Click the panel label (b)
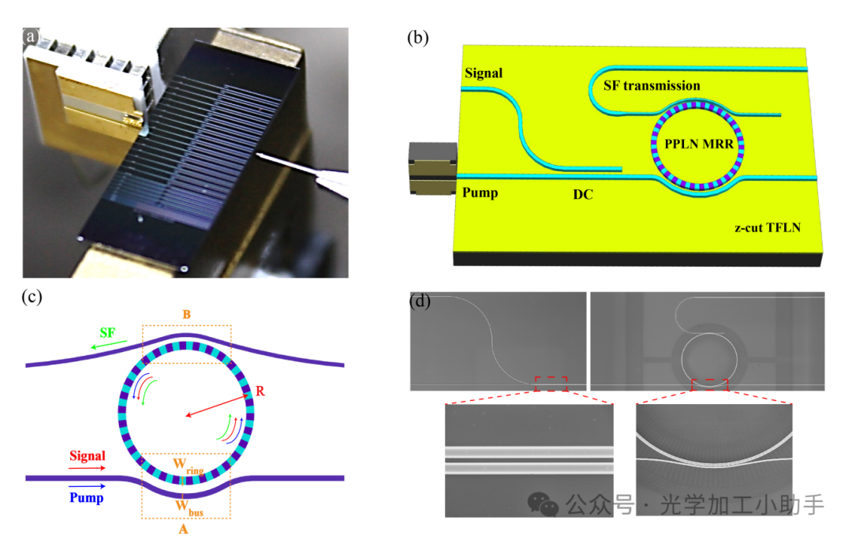[x=418, y=38]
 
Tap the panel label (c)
[x=34, y=298]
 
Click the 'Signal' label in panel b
[x=483, y=73]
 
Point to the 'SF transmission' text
[x=652, y=85]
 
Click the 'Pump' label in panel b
[x=480, y=192]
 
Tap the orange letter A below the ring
[x=183, y=529]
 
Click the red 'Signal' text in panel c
[x=87, y=456]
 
